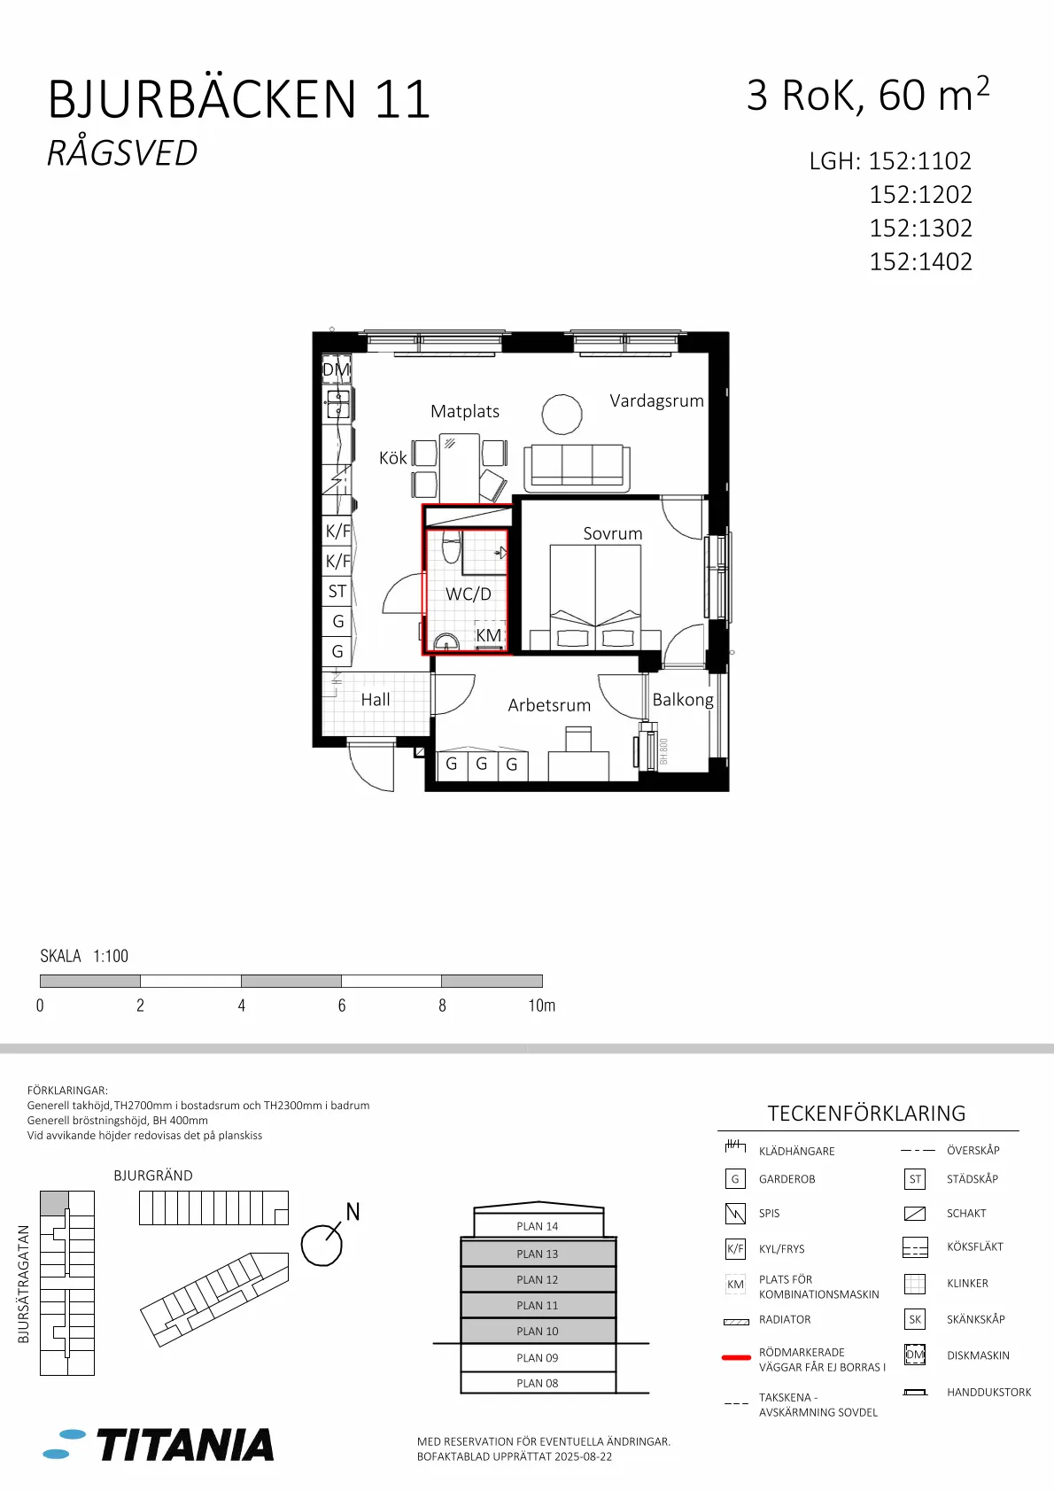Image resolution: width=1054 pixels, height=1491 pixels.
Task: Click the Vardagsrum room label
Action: pyautogui.click(x=656, y=400)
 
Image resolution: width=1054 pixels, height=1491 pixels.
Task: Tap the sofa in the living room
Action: pyautogui.click(x=577, y=468)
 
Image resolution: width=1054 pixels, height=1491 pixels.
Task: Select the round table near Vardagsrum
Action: pyautogui.click(x=562, y=414)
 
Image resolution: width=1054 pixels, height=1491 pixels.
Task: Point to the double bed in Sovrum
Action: pyautogui.click(x=595, y=596)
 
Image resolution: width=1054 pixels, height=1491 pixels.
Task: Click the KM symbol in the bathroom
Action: pyautogui.click(x=489, y=635)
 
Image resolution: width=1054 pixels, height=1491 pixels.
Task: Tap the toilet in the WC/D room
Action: pyautogui.click(x=451, y=546)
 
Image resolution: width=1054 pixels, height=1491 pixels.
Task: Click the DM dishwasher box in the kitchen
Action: pyautogui.click(x=336, y=369)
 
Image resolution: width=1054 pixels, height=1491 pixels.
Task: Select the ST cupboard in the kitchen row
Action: pyautogui.click(x=337, y=591)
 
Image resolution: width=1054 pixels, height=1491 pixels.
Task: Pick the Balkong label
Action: pyautogui.click(x=683, y=700)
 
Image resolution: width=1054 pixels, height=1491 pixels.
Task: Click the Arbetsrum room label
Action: pyautogui.click(x=549, y=705)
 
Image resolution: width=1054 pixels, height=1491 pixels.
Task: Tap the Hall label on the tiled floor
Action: pyautogui.click(x=376, y=700)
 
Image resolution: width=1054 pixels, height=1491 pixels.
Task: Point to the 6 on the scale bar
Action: pyautogui.click(x=342, y=1006)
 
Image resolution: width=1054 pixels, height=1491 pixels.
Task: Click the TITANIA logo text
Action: pyautogui.click(x=185, y=1445)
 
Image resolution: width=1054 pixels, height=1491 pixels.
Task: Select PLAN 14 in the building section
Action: pyautogui.click(x=538, y=1226)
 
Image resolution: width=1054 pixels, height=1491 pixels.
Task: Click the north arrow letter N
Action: pyautogui.click(x=353, y=1212)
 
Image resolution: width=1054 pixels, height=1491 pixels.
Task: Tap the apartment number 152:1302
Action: pyautogui.click(x=921, y=229)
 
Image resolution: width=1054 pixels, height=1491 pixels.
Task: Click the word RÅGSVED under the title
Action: pyautogui.click(x=122, y=152)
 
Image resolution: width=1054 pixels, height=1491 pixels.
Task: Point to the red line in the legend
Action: pyautogui.click(x=736, y=1357)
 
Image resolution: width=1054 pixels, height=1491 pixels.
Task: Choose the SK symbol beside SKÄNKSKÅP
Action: pyautogui.click(x=915, y=1319)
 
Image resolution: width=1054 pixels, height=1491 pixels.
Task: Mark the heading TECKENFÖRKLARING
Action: pyautogui.click(x=866, y=1114)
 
